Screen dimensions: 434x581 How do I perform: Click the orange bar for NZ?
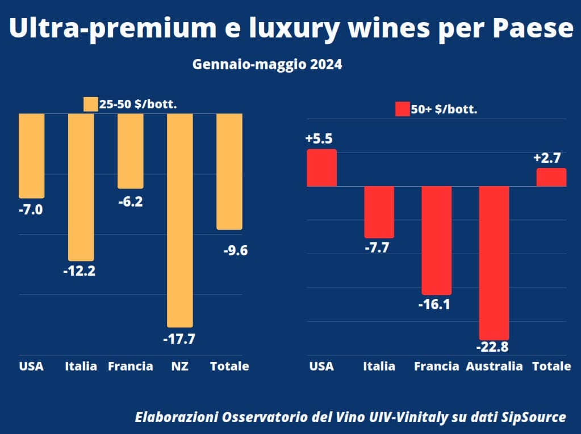tap(179, 220)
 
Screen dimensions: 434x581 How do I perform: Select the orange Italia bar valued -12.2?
tap(81, 187)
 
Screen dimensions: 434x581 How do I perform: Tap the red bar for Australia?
tap(494, 262)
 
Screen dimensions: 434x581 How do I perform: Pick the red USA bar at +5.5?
tap(322, 167)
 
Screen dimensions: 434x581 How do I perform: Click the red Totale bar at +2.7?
tap(551, 177)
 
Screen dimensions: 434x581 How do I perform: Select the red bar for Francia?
tap(436, 239)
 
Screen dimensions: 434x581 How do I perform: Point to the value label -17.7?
tap(179, 340)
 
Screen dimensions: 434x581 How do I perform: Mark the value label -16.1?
tap(434, 305)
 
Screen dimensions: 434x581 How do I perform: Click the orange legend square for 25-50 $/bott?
tap(90, 104)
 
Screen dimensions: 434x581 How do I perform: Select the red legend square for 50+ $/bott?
tap(402, 109)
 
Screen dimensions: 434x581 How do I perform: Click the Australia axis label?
tap(494, 366)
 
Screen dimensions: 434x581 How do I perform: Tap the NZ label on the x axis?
tap(179, 366)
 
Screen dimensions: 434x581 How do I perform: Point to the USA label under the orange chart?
tap(31, 366)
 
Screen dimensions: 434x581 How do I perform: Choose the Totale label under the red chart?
tap(551, 366)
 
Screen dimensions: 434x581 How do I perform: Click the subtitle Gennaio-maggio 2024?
tap(267, 65)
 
